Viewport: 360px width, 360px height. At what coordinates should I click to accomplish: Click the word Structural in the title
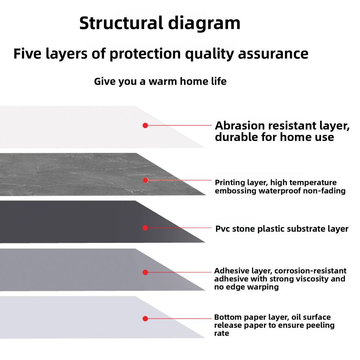120,23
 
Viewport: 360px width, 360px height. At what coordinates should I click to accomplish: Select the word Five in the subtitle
29,54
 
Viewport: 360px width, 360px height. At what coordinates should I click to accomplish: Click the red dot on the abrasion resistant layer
145,126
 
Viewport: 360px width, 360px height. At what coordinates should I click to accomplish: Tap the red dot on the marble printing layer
145,180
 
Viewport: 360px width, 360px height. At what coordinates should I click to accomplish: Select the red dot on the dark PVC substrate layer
145,228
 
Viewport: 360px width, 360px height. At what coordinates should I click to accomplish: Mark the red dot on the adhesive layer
145,272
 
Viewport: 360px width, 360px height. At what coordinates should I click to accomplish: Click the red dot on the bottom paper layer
145,319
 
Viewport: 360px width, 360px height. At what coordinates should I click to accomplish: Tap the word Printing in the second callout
229,183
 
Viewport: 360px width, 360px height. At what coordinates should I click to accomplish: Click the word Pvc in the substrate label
222,229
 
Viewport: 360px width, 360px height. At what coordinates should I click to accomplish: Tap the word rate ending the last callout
221,333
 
